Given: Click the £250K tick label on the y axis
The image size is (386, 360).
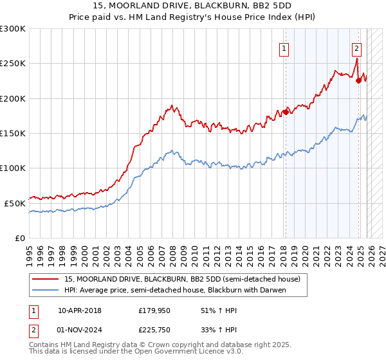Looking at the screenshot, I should click(13, 64).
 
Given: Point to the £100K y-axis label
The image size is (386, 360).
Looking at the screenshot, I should click(13, 168).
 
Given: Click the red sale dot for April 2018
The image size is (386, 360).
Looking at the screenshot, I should click(286, 110).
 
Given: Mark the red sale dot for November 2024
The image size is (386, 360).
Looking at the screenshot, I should click(358, 81).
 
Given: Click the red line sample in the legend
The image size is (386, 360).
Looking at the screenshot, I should click(46, 279).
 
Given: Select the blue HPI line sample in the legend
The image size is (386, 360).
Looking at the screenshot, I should click(46, 290).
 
